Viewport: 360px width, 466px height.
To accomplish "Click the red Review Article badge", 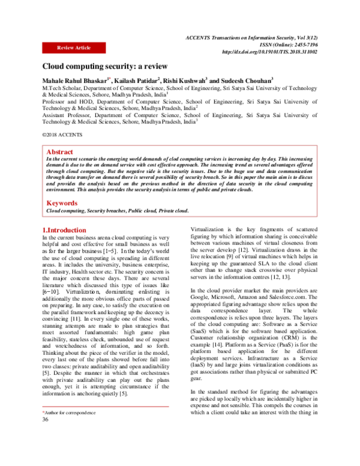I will pos(73,47).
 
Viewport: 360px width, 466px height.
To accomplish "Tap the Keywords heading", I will pos(62,204).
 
